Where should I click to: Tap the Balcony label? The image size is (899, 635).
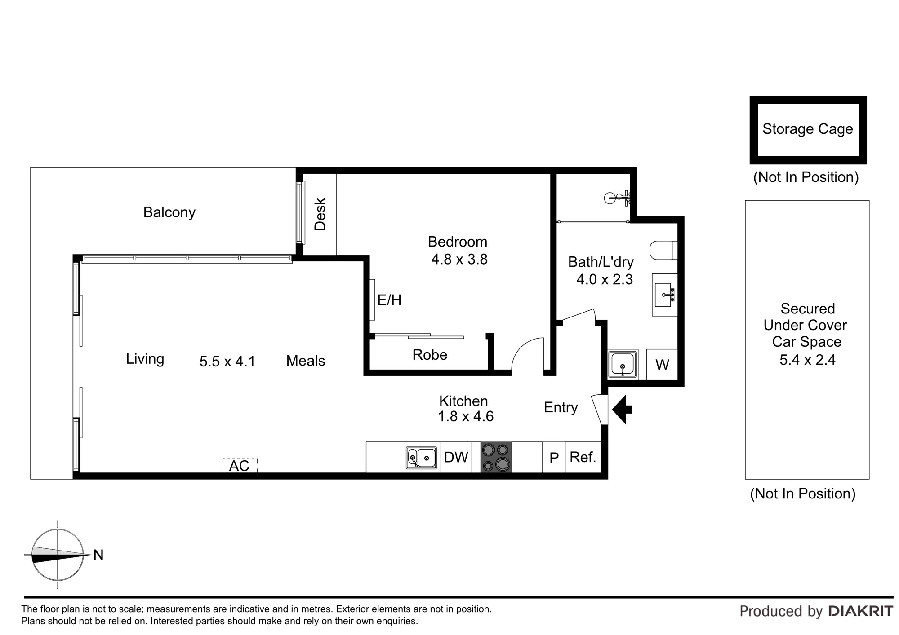click(x=169, y=212)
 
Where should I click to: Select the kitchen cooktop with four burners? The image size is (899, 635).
click(x=496, y=457)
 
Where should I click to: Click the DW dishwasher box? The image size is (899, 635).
click(x=456, y=457)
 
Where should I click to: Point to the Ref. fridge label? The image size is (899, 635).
click(x=583, y=457)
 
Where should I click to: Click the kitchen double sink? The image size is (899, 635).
click(x=421, y=458)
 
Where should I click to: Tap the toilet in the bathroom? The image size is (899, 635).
click(x=663, y=251)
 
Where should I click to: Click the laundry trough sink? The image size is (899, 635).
click(x=623, y=364)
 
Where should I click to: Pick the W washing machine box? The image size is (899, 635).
click(x=662, y=365)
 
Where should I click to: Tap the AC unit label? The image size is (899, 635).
click(x=239, y=466)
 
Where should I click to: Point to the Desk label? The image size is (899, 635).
click(x=320, y=214)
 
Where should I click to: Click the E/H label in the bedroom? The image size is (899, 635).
click(x=389, y=300)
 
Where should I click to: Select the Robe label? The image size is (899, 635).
click(x=430, y=355)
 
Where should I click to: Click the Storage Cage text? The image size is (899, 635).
click(x=808, y=129)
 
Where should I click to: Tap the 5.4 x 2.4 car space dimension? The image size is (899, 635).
click(x=807, y=360)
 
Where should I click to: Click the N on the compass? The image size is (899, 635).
click(x=98, y=555)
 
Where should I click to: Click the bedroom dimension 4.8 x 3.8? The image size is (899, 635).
click(x=459, y=259)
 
